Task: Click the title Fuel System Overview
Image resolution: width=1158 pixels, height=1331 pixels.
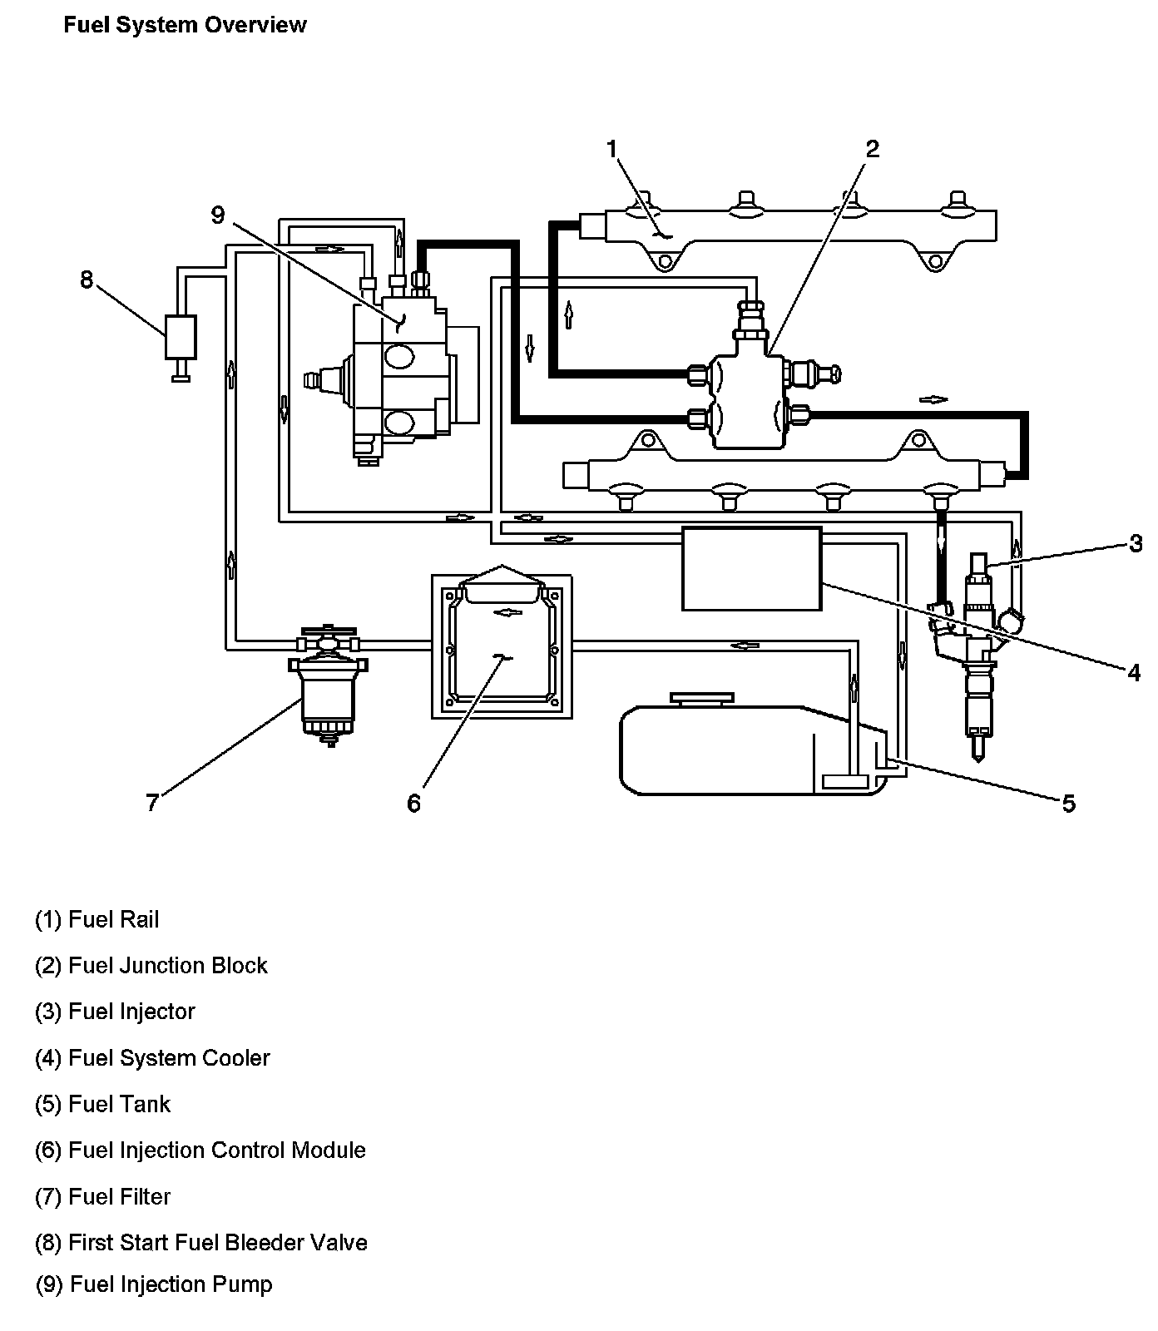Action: click(x=185, y=25)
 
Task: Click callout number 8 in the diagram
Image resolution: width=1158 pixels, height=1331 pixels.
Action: click(x=87, y=280)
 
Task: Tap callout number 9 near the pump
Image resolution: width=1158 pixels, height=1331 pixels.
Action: click(x=218, y=215)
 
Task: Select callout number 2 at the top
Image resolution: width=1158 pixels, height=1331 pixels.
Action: click(x=872, y=149)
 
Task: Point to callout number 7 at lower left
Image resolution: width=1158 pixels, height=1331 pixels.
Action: click(x=151, y=803)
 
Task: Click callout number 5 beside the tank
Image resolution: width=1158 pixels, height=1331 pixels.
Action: click(x=1069, y=803)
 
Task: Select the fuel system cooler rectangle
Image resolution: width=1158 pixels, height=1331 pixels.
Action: click(x=751, y=568)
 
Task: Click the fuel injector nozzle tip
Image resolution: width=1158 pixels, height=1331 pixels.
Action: click(x=978, y=751)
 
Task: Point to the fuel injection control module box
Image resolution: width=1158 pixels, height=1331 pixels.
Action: click(x=501, y=646)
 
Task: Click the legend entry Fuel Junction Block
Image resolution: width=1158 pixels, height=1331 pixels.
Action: click(x=151, y=966)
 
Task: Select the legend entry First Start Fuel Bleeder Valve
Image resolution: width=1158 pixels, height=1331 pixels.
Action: click(x=201, y=1243)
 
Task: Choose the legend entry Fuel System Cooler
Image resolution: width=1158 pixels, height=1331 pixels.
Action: click(x=152, y=1058)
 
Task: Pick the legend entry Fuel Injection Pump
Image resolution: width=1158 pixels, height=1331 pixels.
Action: click(x=154, y=1284)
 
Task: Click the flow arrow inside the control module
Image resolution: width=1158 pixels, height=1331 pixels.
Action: click(x=507, y=612)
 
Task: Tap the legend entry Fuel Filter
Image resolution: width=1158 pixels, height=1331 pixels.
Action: click(x=103, y=1197)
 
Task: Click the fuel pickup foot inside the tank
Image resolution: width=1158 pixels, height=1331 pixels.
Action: click(x=845, y=781)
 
